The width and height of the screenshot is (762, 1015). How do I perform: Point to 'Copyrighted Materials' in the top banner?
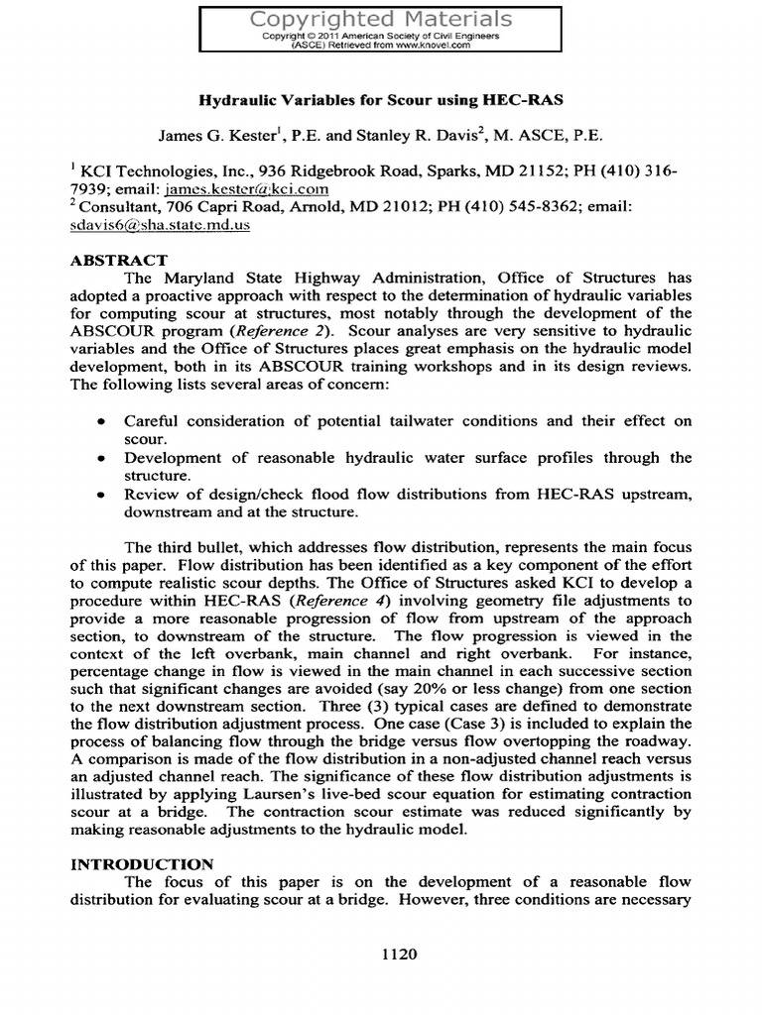coord(380,18)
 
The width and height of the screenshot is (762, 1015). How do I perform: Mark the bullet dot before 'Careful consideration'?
coord(102,421)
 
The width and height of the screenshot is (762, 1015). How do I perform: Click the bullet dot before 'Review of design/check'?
coord(102,494)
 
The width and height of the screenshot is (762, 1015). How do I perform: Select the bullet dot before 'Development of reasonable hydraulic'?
coord(102,458)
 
